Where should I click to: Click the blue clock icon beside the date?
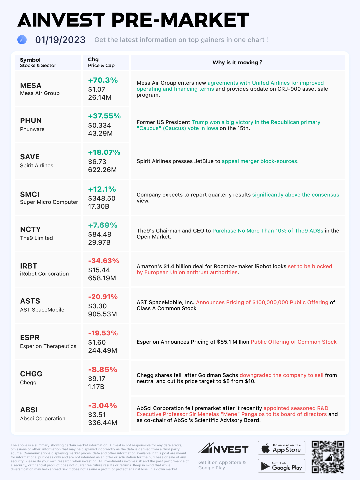coord(22,40)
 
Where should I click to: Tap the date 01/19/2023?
coord(60,40)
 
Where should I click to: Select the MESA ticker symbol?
coord(31,86)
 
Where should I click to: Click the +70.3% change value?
coord(103,80)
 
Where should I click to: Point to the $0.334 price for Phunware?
coord(99,125)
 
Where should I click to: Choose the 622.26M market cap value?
coord(102,170)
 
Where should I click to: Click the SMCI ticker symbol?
coord(30,194)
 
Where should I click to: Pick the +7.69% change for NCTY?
coord(103,225)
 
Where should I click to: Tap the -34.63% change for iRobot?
coord(103,261)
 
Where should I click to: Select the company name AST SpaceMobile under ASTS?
coord(42,310)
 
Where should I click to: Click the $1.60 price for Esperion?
coord(97,342)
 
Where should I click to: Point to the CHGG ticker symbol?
coord(31,374)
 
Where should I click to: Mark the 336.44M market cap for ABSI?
coord(102,423)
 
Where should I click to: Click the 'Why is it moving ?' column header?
coord(237,62)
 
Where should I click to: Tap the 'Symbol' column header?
coord(30,60)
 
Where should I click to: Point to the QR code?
coord(328,457)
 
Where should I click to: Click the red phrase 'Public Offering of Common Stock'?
coord(293,342)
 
